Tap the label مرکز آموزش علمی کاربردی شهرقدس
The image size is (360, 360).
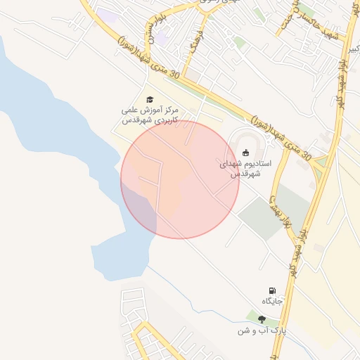[148, 116]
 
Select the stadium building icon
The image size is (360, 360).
[245, 153]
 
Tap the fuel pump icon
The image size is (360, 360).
[272, 290]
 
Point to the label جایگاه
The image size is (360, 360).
[272, 302]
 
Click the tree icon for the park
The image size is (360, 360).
[262, 319]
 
